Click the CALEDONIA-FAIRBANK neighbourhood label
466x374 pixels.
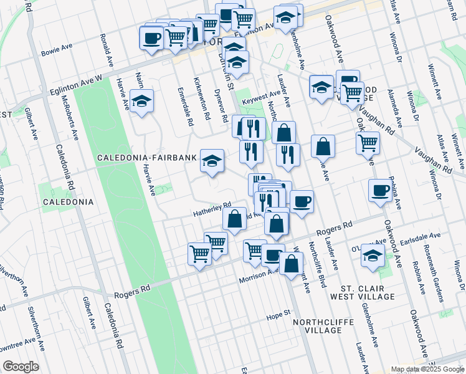(x=147, y=158)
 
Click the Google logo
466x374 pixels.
(x=20, y=367)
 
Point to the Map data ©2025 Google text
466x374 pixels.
(x=428, y=369)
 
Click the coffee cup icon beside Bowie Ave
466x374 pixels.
(x=151, y=40)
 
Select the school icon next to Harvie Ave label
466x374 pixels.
(x=142, y=102)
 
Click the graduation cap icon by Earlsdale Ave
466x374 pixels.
(x=373, y=256)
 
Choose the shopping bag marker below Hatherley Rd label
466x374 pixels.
(x=234, y=219)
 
